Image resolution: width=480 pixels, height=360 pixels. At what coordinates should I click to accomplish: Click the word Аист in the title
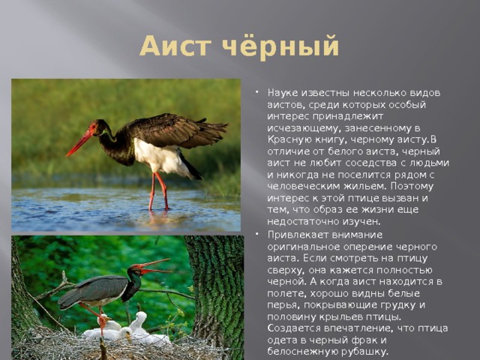[175, 46]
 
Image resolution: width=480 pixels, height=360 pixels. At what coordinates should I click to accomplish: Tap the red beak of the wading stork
[79, 142]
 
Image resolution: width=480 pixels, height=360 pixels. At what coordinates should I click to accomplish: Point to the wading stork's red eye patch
[93, 126]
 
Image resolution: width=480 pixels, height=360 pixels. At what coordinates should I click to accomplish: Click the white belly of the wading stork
[159, 157]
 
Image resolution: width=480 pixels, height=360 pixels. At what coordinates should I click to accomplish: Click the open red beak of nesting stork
[154, 266]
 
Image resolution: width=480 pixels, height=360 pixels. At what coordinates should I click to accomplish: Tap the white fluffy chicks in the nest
[125, 330]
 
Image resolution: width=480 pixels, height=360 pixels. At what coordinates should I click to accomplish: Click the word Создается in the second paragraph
[293, 328]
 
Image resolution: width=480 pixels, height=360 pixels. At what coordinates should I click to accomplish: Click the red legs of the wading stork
[159, 191]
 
